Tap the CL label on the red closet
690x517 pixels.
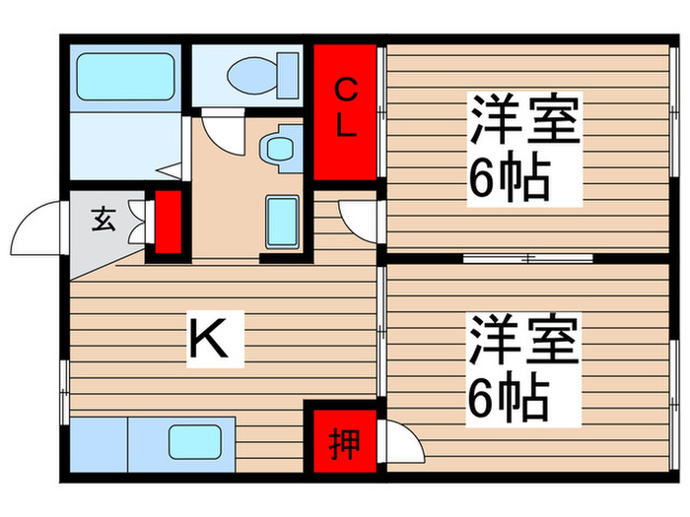tap(346, 109)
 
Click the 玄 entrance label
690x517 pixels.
tap(103, 220)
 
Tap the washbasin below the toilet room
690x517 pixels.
tap(277, 149)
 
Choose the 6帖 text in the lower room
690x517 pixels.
tap(509, 396)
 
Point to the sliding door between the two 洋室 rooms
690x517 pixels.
tap(527, 258)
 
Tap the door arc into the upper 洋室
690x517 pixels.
tap(359, 218)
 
